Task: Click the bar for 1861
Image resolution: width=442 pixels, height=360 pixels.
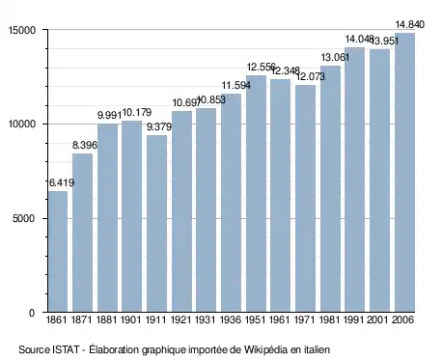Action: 58,252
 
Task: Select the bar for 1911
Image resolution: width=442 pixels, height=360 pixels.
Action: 156,224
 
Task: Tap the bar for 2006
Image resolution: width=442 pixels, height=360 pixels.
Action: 404,173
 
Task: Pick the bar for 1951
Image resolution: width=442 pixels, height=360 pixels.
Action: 256,194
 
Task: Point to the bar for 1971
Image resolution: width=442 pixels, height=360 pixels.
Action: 305,199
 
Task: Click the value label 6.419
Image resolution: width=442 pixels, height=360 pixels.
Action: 62,182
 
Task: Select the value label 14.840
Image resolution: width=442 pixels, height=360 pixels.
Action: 410,24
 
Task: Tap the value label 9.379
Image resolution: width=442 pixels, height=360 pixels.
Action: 159,126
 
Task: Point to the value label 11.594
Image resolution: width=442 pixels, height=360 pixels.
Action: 236,85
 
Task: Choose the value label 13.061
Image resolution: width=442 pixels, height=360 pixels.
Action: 335,58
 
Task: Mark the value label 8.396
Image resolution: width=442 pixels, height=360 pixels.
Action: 85,145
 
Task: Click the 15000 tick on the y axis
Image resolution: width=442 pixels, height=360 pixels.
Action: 22,30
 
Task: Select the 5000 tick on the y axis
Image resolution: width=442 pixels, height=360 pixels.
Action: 23,218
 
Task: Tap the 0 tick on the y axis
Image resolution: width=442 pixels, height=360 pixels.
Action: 32,313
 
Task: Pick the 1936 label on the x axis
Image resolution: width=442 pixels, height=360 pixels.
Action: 231,319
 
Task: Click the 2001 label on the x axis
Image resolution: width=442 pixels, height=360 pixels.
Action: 378,319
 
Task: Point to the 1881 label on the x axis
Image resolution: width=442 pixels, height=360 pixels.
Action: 107,319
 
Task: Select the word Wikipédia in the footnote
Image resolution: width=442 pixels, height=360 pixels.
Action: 265,349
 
